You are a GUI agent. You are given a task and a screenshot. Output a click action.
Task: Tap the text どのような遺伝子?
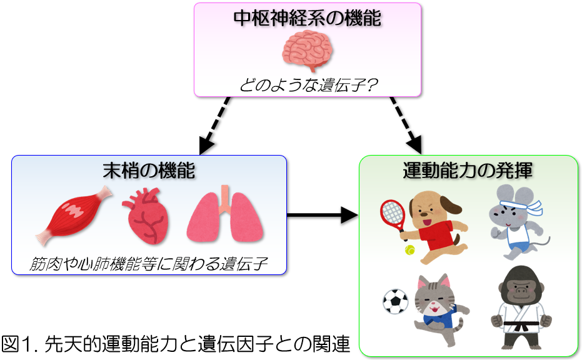[307, 84]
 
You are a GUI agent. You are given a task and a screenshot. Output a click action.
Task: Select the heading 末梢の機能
[149, 170]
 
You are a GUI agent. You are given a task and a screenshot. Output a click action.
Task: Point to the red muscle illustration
[75, 216]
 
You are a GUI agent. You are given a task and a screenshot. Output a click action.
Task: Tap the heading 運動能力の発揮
[468, 170]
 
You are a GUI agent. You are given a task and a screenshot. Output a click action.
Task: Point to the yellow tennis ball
[410, 250]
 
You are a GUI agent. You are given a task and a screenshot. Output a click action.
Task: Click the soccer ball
[395, 301]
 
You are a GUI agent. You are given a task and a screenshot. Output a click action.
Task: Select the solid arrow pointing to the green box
[323, 216]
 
